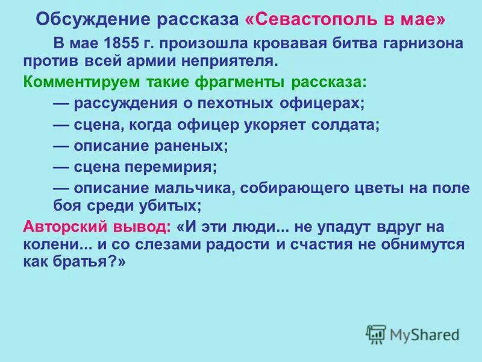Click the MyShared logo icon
(376, 333)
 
